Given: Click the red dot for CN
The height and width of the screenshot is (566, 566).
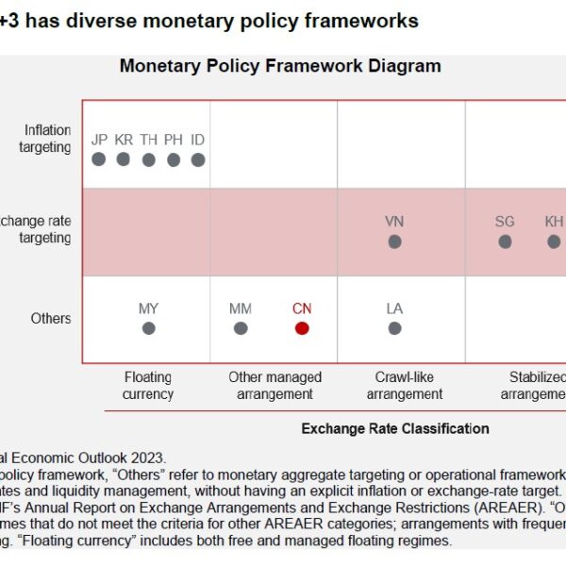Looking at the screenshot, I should pyautogui.click(x=302, y=328).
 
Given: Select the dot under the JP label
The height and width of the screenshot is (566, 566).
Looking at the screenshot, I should pyautogui.click(x=99, y=159).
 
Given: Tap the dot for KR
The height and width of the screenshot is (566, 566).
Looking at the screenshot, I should pyautogui.click(x=124, y=159).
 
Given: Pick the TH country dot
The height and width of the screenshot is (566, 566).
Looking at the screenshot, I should pyautogui.click(x=149, y=160).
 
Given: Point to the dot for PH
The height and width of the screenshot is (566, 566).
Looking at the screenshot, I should pyautogui.click(x=174, y=160).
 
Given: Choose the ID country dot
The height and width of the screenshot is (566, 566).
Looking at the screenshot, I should pyautogui.click(x=198, y=160).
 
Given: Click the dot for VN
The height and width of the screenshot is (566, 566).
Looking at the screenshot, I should pyautogui.click(x=394, y=241).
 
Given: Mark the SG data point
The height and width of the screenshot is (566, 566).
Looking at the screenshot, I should pyautogui.click(x=505, y=241).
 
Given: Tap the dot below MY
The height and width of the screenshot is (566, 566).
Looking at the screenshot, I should pyautogui.click(x=148, y=328).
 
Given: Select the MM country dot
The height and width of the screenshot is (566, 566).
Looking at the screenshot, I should pyautogui.click(x=241, y=328).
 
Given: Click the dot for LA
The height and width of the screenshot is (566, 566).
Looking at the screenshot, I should pyautogui.click(x=394, y=328).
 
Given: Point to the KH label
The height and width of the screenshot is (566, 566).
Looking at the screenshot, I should pyautogui.click(x=554, y=222).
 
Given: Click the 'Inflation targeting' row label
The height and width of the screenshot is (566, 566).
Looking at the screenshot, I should pyautogui.click(x=46, y=140).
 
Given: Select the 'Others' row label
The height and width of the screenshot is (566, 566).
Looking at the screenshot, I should pyautogui.click(x=51, y=318).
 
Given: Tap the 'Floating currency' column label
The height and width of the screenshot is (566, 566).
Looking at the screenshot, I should pyautogui.click(x=148, y=386).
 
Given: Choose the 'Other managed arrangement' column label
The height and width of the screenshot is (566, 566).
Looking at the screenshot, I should pyautogui.click(x=275, y=386).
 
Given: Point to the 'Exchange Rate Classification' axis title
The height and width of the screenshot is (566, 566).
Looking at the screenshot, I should pyautogui.click(x=395, y=429).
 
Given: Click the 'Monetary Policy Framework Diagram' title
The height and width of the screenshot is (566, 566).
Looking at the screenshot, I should pyautogui.click(x=280, y=66).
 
